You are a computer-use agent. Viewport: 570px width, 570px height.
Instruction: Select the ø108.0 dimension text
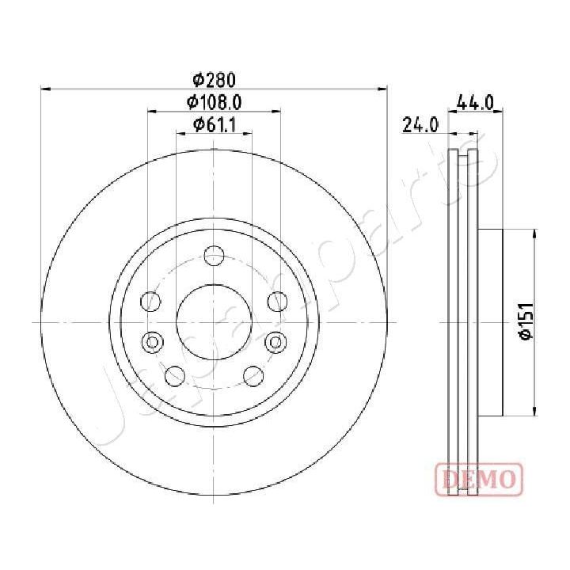pos(214,101)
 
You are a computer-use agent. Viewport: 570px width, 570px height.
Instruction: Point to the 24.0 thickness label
pos(420,124)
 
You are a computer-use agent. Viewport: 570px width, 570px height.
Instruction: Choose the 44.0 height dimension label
pos(476,101)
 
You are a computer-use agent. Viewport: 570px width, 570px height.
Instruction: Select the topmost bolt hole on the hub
pos(214,255)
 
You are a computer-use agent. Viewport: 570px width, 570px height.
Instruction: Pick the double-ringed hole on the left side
pos(152,342)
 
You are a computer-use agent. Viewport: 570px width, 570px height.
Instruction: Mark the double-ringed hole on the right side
pos(275,342)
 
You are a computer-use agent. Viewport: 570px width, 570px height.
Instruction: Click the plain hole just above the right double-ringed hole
pos(276,301)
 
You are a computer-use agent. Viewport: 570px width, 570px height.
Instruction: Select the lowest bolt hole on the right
pos(253,375)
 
